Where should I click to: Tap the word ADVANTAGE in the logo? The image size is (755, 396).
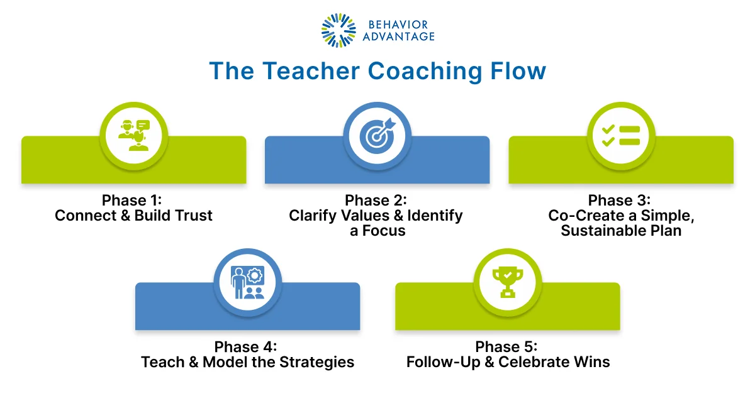coord(398,36)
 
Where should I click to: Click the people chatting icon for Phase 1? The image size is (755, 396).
coord(133,135)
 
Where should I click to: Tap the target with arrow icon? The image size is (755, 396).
coord(377,135)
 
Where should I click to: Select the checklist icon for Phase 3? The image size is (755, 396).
coord(620,135)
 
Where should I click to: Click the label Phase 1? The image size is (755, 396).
coord(133,201)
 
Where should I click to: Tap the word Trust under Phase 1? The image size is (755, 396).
coord(191,216)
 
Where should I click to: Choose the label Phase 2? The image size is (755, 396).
coord(376,201)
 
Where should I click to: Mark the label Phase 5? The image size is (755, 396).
coord(507,347)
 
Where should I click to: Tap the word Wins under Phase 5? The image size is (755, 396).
coord(590,362)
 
